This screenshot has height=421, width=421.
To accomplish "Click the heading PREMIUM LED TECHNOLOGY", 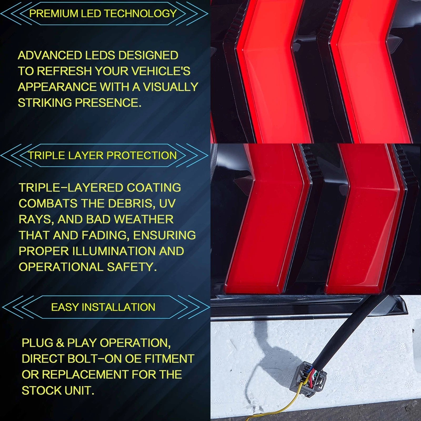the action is pos(103,13).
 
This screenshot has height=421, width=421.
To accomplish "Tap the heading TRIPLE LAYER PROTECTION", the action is pos(102,156).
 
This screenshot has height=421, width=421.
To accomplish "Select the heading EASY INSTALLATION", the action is pos(103,307).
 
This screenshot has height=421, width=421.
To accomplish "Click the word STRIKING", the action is pos(45,103).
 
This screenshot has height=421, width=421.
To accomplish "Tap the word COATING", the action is pos(154,188).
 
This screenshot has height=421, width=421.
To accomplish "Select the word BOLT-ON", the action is pos(95,359).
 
